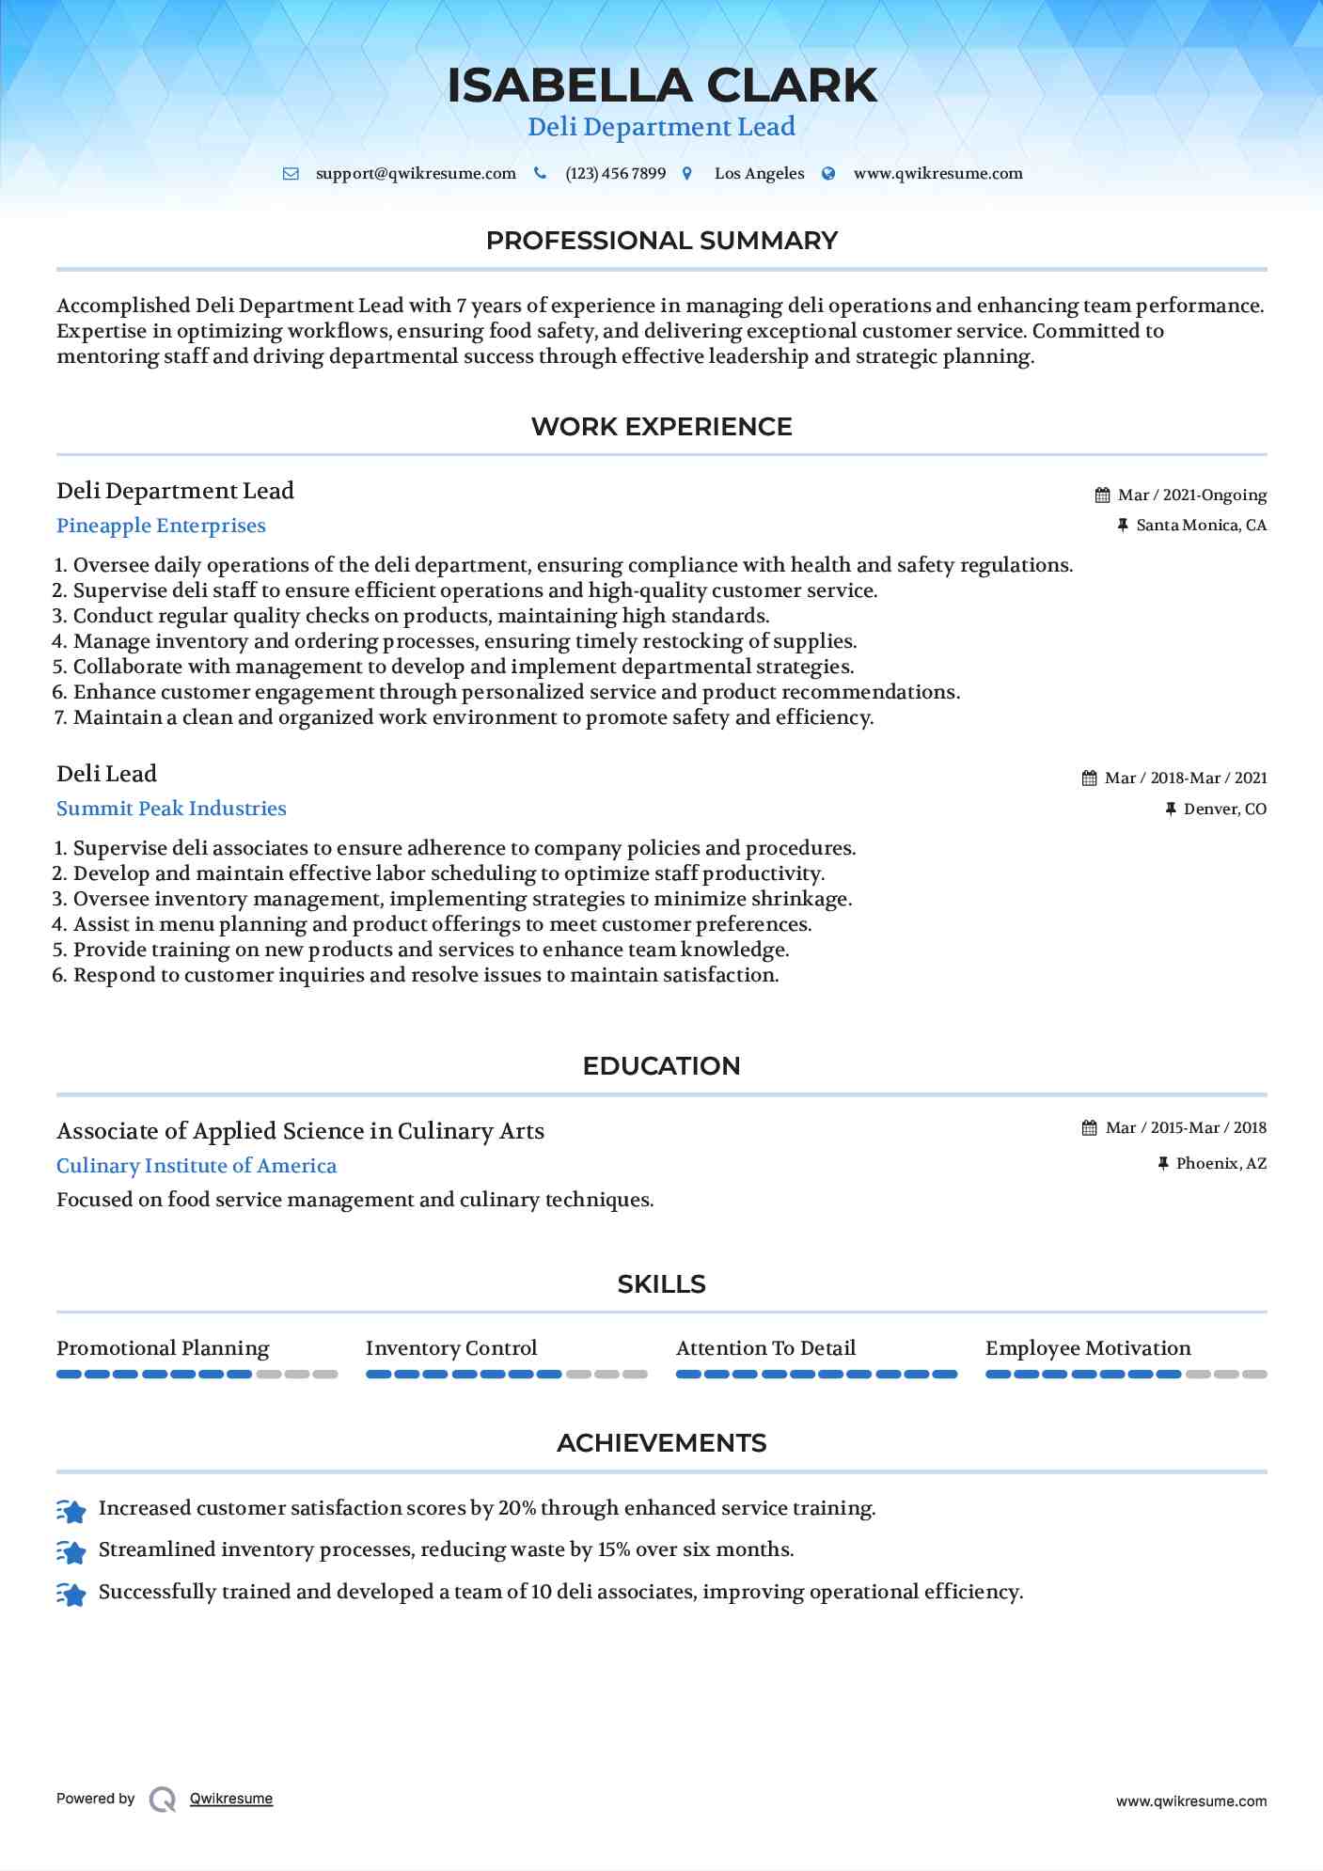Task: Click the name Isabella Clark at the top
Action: [661, 86]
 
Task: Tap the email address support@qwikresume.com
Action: [416, 174]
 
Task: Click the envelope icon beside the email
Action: [291, 174]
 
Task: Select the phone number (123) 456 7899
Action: [615, 174]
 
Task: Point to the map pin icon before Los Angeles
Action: [687, 174]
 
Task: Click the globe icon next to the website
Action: [828, 174]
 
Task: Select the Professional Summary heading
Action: [661, 241]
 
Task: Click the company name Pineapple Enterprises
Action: [161, 526]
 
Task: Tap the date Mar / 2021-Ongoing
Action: [1192, 495]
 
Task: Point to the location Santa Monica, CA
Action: [1201, 526]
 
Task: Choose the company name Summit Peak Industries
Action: [171, 809]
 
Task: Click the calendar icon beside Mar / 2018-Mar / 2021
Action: [1090, 778]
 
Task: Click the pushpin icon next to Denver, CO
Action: [1171, 810]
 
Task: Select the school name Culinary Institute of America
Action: [197, 1166]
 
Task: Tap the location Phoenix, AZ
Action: [1221, 1164]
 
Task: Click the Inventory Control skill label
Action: [451, 1348]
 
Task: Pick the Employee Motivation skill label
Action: [1088, 1348]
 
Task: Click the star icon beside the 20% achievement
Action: [71, 1510]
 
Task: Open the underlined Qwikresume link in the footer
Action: [231, 1799]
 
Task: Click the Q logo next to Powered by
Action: [163, 1800]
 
